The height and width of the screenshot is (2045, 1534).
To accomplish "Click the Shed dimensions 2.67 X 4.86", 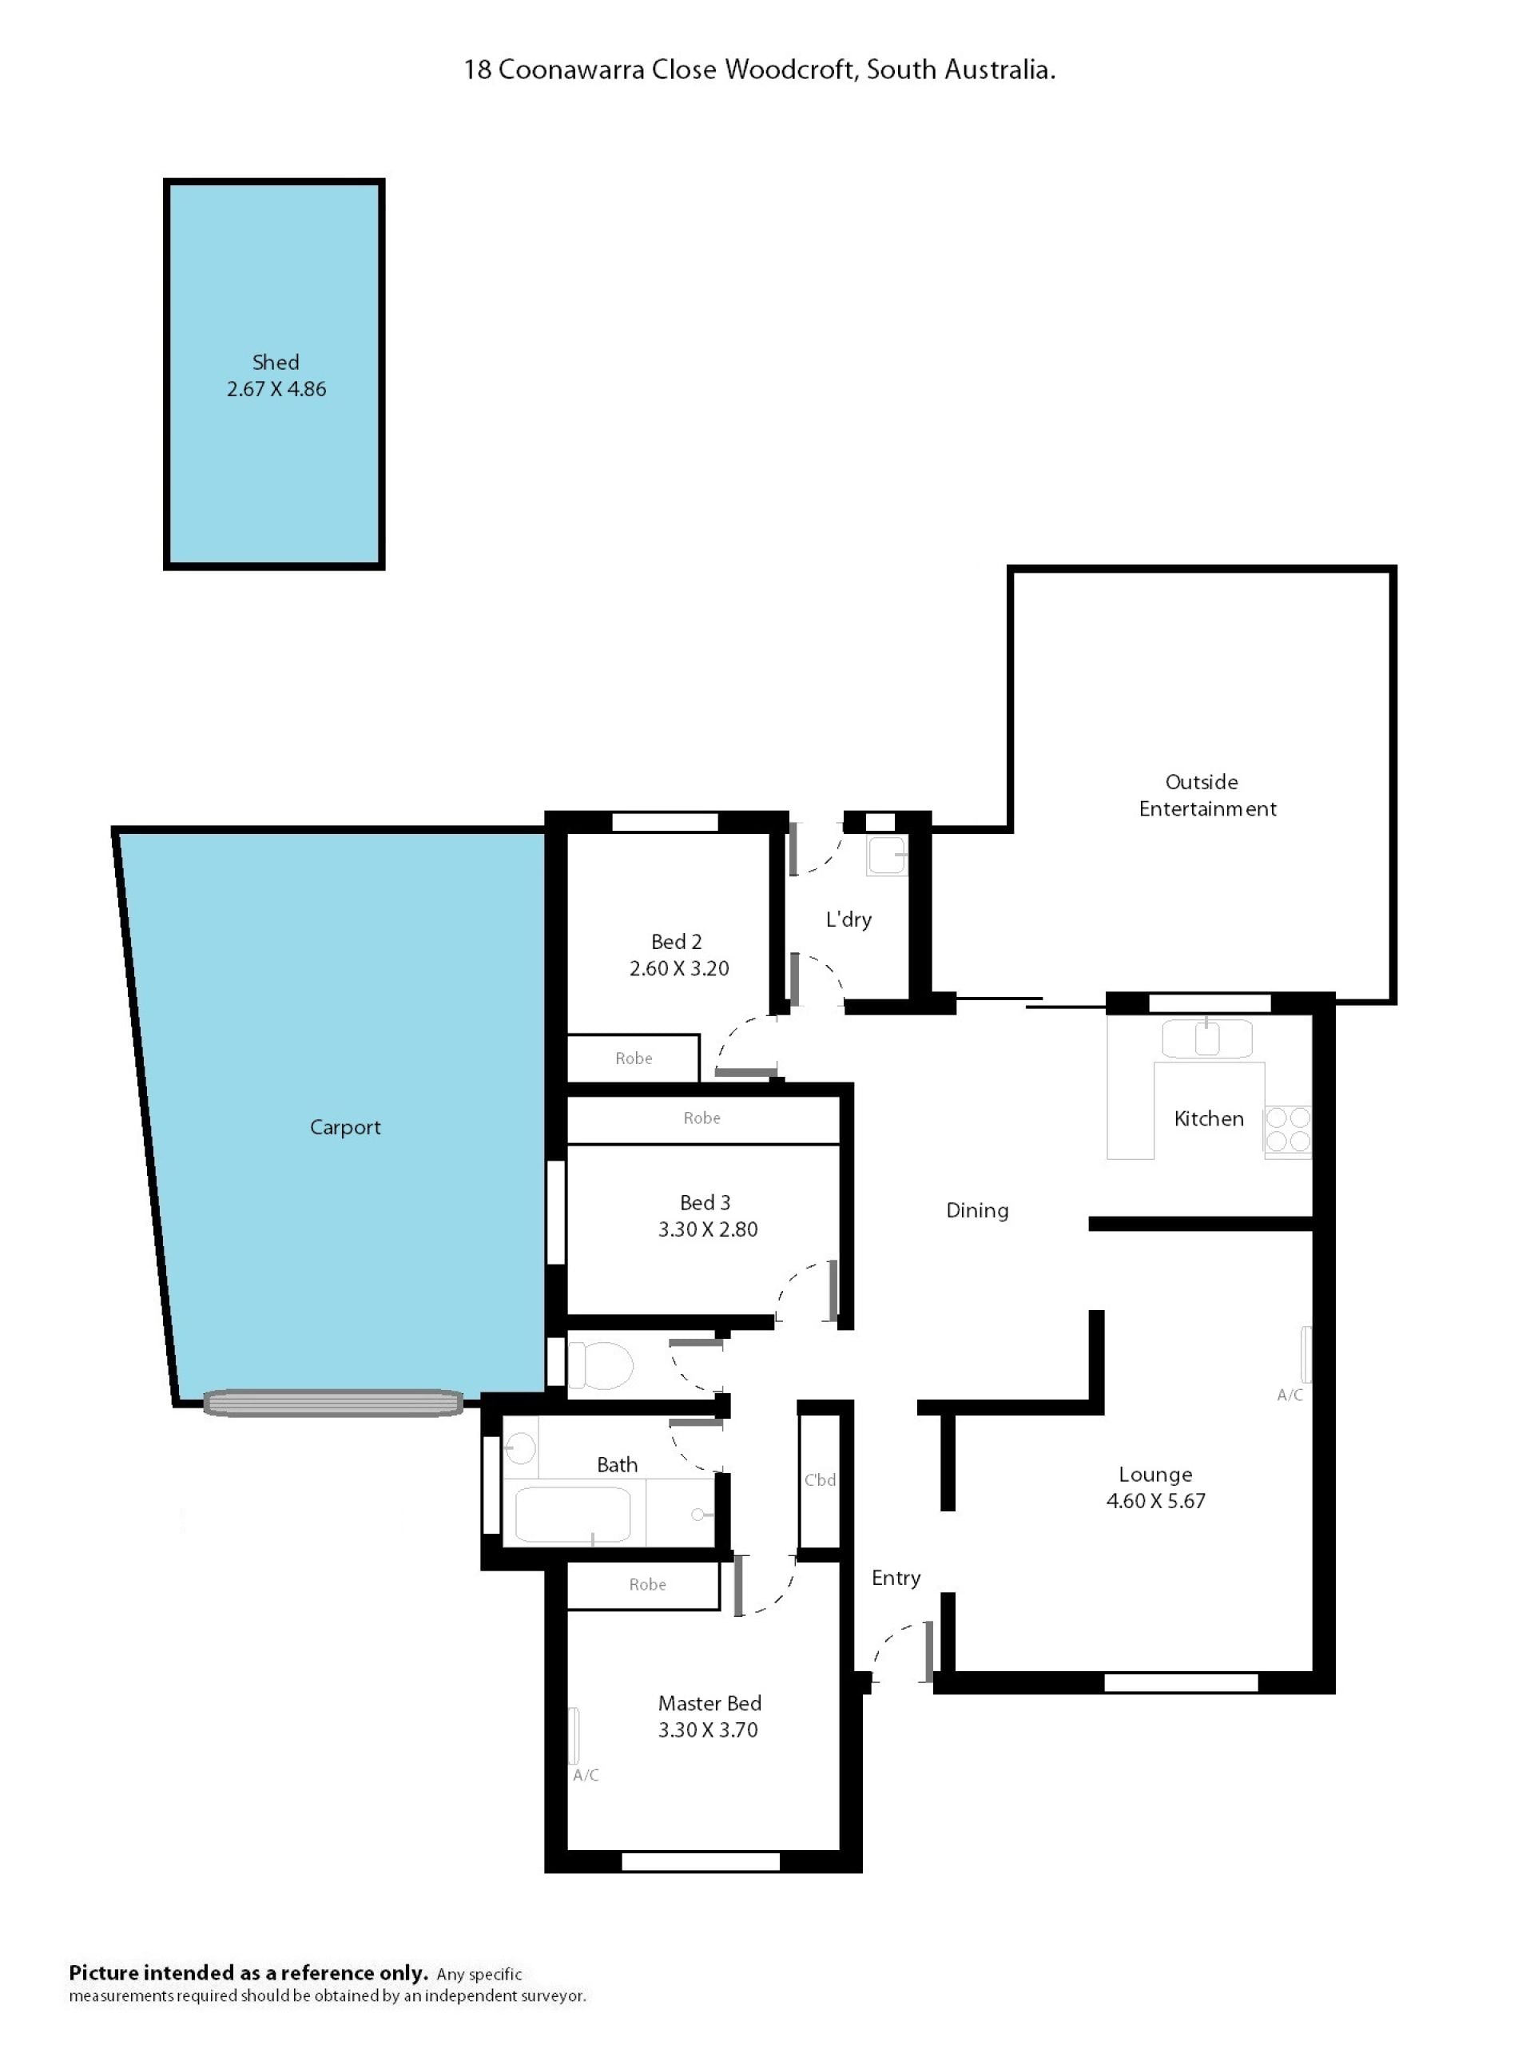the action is (276, 389).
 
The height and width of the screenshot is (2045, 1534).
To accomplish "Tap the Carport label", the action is (345, 1127).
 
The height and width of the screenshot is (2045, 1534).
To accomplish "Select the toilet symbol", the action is (600, 1364).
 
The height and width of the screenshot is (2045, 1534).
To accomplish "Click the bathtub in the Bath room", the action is (572, 1514).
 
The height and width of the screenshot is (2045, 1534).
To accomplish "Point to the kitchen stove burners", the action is (1288, 1130).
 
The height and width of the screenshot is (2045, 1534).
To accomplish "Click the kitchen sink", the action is (1206, 1038).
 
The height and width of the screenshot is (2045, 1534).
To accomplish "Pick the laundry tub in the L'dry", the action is (886, 856).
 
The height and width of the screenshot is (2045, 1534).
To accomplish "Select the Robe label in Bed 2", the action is (634, 1058).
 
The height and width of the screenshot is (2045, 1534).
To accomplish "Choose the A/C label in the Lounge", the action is (1290, 1395).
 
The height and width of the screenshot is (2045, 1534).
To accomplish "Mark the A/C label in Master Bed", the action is (586, 1775).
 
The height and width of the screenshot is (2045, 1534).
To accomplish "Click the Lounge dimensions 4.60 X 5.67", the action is (1156, 1500).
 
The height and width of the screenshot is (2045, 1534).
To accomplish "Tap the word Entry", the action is (896, 1578).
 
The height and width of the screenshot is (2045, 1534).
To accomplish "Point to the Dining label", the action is (977, 1210).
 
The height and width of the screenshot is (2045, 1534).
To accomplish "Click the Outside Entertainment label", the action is (1206, 795).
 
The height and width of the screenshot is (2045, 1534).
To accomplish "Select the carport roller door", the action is (333, 1404).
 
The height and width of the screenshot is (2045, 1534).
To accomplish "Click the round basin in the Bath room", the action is (521, 1449).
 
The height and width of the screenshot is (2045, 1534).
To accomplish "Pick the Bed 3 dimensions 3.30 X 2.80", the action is (709, 1229).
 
